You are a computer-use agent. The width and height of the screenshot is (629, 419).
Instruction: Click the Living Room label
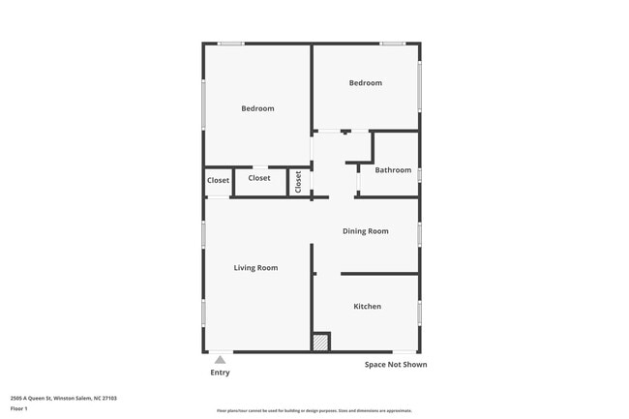[x=256, y=267]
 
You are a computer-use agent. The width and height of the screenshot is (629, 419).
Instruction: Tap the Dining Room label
[x=366, y=231]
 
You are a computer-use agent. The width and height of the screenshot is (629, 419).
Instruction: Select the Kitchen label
[x=367, y=307]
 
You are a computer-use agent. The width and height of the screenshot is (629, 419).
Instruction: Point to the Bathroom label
[x=394, y=170]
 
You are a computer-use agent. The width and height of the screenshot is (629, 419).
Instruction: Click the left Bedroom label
[x=257, y=108]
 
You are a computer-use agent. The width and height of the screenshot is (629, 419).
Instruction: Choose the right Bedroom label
[x=366, y=83]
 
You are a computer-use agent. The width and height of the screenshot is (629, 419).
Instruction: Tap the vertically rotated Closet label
[x=299, y=181]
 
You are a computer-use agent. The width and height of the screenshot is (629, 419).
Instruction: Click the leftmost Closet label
[x=218, y=180]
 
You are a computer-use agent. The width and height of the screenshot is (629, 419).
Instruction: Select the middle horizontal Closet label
[x=259, y=178]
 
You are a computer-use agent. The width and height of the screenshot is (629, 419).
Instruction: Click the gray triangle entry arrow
[x=220, y=360]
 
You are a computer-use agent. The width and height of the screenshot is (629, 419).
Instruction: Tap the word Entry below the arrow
[x=221, y=373]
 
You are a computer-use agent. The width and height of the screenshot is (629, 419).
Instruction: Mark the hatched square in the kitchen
[x=320, y=343]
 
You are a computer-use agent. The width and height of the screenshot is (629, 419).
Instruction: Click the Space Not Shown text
[x=396, y=365]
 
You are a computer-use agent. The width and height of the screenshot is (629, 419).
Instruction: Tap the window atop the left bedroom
[x=230, y=43]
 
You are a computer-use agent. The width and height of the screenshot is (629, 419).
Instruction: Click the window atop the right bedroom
[x=392, y=43]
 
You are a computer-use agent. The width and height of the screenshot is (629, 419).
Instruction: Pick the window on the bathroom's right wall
[x=419, y=174]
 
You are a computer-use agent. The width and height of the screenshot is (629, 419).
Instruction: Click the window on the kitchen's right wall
[x=419, y=312]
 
